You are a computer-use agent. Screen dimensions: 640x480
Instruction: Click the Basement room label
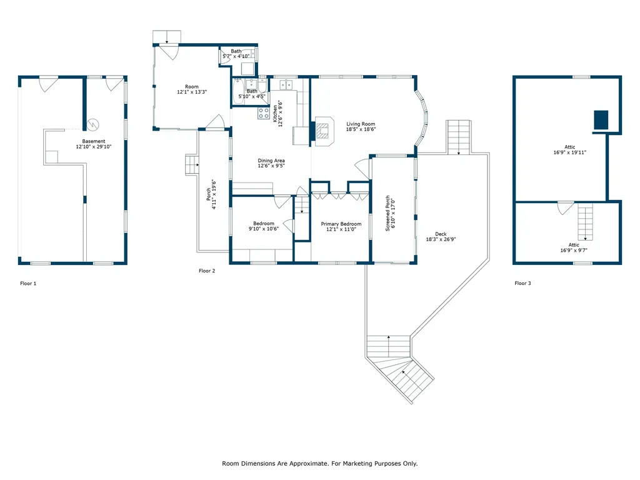pyautogui.click(x=94, y=141)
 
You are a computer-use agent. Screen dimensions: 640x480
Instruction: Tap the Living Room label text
pyautogui.click(x=361, y=124)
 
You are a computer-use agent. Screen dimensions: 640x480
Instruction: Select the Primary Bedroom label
pyautogui.click(x=341, y=224)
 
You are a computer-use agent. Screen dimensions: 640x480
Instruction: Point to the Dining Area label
pyautogui.click(x=271, y=161)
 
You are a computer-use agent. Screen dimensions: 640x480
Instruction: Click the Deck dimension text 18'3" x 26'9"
pyautogui.click(x=441, y=239)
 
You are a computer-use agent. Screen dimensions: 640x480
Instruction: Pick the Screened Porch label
pyautogui.click(x=387, y=213)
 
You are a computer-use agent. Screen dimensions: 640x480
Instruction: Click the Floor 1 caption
pyautogui.click(x=28, y=283)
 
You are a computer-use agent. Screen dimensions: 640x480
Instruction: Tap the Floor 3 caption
pyautogui.click(x=523, y=283)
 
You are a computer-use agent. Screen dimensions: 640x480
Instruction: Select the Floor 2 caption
pyautogui.click(x=207, y=271)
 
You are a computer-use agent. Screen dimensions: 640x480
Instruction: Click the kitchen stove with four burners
pyautogui.click(x=263, y=113)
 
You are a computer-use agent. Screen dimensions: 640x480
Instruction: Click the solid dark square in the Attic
pyautogui.click(x=601, y=119)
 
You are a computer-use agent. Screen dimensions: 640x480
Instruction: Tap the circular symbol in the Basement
pyautogui.click(x=94, y=124)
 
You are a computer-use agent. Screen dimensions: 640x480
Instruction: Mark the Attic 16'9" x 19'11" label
pyautogui.click(x=570, y=150)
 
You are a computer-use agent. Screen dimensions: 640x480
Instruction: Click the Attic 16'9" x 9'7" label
pyautogui.click(x=574, y=247)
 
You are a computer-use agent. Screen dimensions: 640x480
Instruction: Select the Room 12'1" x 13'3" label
pyautogui.click(x=192, y=89)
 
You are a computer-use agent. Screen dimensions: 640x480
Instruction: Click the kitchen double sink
pyautogui.click(x=286, y=85)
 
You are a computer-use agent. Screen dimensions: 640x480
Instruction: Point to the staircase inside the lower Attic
pyautogui.click(x=585, y=222)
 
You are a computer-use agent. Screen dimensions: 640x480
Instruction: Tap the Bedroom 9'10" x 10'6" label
pyautogui.click(x=264, y=226)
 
